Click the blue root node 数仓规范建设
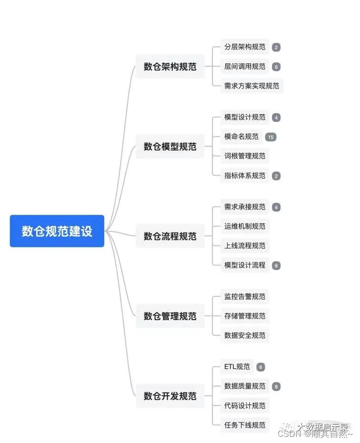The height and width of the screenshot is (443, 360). pos(57,231)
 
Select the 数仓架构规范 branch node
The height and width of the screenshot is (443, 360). pos(170,67)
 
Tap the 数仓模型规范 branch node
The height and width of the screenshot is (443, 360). pos(170,146)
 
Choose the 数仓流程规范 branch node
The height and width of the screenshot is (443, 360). pos(170,236)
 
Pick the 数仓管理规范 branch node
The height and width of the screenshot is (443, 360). pos(170,316)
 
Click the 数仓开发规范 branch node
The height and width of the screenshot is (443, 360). pos(170,396)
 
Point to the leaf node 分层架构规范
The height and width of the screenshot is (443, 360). pos(245,47)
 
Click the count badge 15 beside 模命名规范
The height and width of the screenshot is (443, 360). pos(270,137)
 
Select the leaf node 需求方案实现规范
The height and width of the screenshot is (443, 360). pos(251,86)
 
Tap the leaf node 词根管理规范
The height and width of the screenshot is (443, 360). pos(245,156)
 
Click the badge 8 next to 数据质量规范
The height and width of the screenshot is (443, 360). pos(276,386)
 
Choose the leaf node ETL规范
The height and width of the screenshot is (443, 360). pos(237,367)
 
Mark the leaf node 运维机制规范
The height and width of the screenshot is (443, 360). pos(245,226)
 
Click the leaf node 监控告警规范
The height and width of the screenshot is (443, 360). pos(245,296)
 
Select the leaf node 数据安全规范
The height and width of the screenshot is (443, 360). pos(245,335)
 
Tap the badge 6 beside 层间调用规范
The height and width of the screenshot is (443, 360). pos(276,67)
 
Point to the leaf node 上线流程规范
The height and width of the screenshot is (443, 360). pos(245,246)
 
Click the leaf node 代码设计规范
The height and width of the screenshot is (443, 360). pos(245,406)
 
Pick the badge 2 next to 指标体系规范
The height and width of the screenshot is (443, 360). pos(276,176)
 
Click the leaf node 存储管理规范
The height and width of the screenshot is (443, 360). pos(245,316)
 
